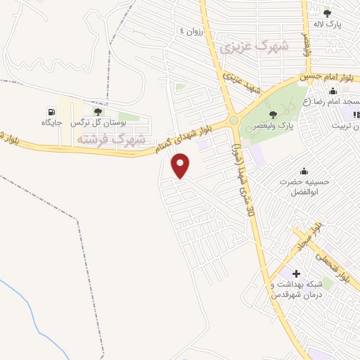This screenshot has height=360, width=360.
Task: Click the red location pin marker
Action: (x=181, y=166)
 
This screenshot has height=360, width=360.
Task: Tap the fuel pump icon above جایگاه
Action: (x=51, y=112)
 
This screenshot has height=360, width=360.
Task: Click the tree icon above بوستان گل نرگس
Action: (x=97, y=111)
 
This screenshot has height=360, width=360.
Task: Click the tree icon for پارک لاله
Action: (x=326, y=12)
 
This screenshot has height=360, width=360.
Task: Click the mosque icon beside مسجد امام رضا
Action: (x=333, y=91)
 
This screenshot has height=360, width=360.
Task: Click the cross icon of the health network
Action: (x=296, y=273)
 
